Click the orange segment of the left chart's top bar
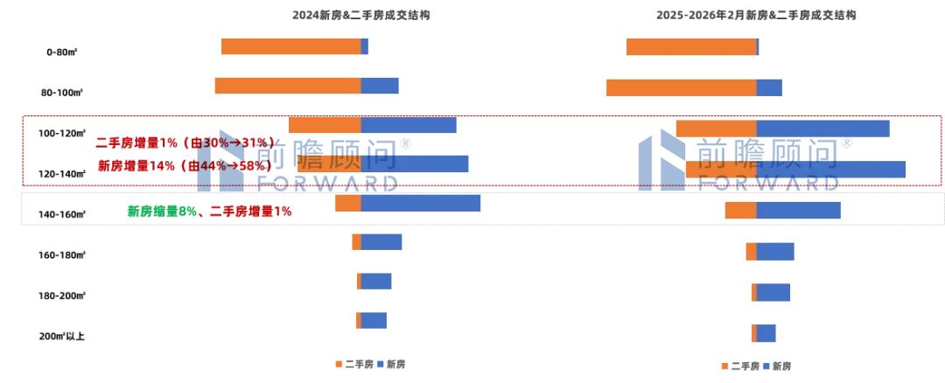click(x=289, y=45)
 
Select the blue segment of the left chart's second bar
click(x=380, y=87)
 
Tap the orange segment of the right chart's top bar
click(x=689, y=45)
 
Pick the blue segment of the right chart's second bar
click(x=770, y=87)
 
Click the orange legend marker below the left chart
click(x=335, y=364)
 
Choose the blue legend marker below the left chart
click(x=381, y=364)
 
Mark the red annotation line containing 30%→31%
click(x=184, y=142)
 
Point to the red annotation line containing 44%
click(x=184, y=164)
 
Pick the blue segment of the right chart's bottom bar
click(x=766, y=332)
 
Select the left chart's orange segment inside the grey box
click(x=347, y=204)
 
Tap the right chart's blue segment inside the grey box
click(x=798, y=212)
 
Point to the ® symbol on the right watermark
click(x=846, y=143)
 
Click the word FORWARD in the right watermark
click(x=768, y=184)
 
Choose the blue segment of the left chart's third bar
click(x=409, y=125)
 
